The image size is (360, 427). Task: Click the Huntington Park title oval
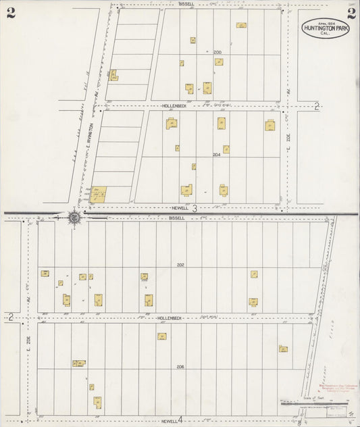(x=326, y=28)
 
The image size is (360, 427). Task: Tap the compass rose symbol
(x=74, y=217)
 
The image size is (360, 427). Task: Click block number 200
(x=217, y=52)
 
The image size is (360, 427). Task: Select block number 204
(x=216, y=155)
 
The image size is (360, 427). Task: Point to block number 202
(x=180, y=264)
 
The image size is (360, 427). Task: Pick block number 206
(x=180, y=366)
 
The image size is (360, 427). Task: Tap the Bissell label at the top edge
(x=186, y=3)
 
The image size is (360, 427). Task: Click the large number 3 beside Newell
(x=194, y=209)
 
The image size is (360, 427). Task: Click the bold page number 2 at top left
(x=11, y=14)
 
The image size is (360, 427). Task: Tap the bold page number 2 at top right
(x=351, y=14)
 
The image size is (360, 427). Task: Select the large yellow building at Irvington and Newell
(x=98, y=195)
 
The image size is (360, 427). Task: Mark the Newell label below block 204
(x=178, y=209)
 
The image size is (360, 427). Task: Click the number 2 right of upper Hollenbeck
(x=317, y=105)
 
